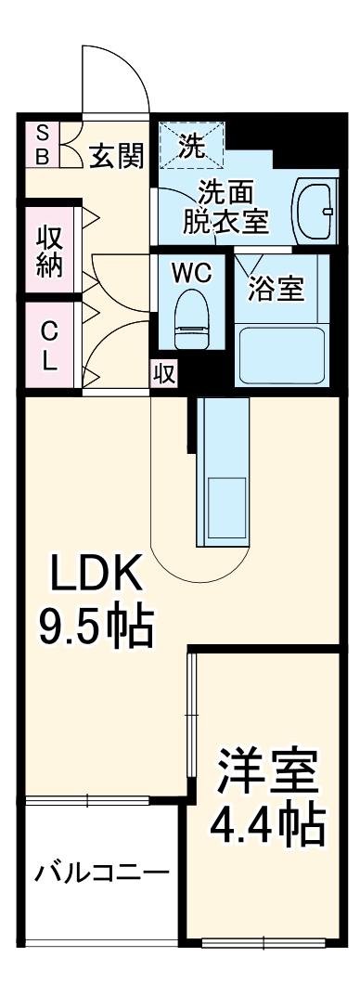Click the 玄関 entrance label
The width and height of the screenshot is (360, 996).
pyautogui.click(x=117, y=156)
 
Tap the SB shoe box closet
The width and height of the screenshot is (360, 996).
pyautogui.click(x=42, y=143)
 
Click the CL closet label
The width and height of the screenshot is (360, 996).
pyautogui.click(x=49, y=345)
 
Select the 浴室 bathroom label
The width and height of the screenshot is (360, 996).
pyautogui.click(x=276, y=289)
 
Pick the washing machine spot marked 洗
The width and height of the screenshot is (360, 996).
pyautogui.click(x=191, y=144)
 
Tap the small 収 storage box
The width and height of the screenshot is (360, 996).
pyautogui.click(x=163, y=373)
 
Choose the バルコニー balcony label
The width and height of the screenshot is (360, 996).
pyautogui.click(x=102, y=873)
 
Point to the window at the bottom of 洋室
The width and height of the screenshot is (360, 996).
pyautogui.click(x=264, y=943)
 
